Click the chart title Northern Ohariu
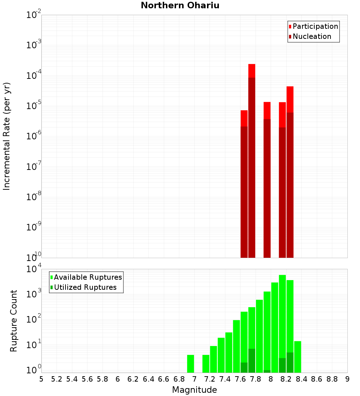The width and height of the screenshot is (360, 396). click(180, 5)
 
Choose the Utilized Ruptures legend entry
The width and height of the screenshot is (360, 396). click(85, 287)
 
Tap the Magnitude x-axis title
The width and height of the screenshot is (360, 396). click(194, 390)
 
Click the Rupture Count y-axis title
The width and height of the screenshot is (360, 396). click(14, 321)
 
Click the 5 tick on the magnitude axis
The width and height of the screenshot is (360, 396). click(41, 379)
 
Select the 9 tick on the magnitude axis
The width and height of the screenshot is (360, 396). click(347, 379)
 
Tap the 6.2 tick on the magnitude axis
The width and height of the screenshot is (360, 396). click(133, 379)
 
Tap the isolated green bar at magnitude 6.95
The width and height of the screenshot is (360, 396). click(190, 364)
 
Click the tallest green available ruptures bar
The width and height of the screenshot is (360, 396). click(282, 324)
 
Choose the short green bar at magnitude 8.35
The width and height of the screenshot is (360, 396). click(297, 357)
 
